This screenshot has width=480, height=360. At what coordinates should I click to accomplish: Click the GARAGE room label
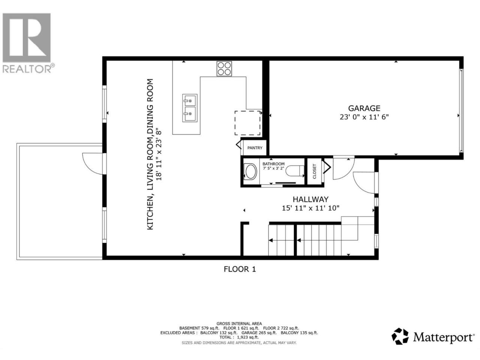pyautogui.click(x=364, y=108)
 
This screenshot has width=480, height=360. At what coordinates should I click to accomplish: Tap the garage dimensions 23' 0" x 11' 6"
pyautogui.click(x=364, y=117)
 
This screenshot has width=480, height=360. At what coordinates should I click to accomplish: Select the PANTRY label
pyautogui.click(x=255, y=148)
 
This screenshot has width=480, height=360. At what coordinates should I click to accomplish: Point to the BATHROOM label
pyautogui.click(x=273, y=164)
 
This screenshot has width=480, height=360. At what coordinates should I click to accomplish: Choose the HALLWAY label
pyautogui.click(x=310, y=199)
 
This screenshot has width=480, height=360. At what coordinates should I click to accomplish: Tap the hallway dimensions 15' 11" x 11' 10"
pyautogui.click(x=310, y=208)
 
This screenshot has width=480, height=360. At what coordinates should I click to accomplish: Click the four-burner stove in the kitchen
pyautogui.click(x=224, y=69)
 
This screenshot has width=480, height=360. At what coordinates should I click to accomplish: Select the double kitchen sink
pyautogui.click(x=190, y=108)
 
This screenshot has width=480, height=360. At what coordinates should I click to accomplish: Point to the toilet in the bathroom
pyautogui.click(x=295, y=171)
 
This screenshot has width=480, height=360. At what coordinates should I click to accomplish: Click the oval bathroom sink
pyautogui.click(x=250, y=172)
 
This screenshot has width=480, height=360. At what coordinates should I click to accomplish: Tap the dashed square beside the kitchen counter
pyautogui.click(x=247, y=123)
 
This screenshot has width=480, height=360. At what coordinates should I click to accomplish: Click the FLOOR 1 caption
pyautogui.click(x=240, y=269)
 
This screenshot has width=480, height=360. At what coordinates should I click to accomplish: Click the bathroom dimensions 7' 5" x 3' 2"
pyautogui.click(x=273, y=168)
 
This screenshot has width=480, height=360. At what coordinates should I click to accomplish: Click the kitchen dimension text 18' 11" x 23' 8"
pyautogui.click(x=159, y=155)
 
